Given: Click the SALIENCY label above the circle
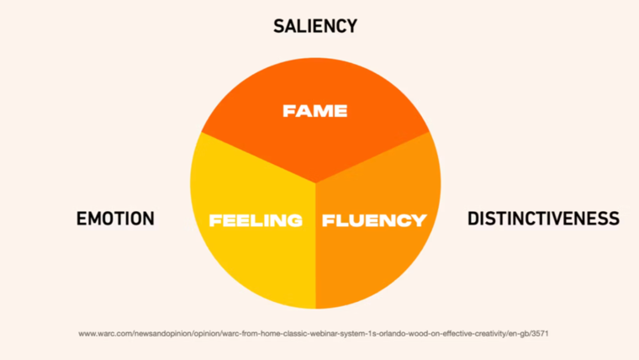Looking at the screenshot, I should pyautogui.click(x=315, y=26).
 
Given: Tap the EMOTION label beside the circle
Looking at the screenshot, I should pyautogui.click(x=115, y=219).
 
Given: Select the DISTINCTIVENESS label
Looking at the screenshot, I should pyautogui.click(x=543, y=219).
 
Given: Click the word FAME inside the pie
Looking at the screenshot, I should pyautogui.click(x=315, y=110).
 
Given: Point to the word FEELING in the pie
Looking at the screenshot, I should pyautogui.click(x=256, y=221).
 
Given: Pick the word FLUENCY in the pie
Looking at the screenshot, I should pyautogui.click(x=374, y=221).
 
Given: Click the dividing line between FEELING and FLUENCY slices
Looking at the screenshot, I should pyautogui.click(x=315, y=252).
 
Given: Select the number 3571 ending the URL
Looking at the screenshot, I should pyautogui.click(x=541, y=334).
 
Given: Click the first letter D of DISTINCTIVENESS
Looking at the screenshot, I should pyautogui.click(x=473, y=219).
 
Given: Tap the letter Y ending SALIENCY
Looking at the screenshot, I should pyautogui.click(x=351, y=26).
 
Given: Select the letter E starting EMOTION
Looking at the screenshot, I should pyautogui.click(x=81, y=219).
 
